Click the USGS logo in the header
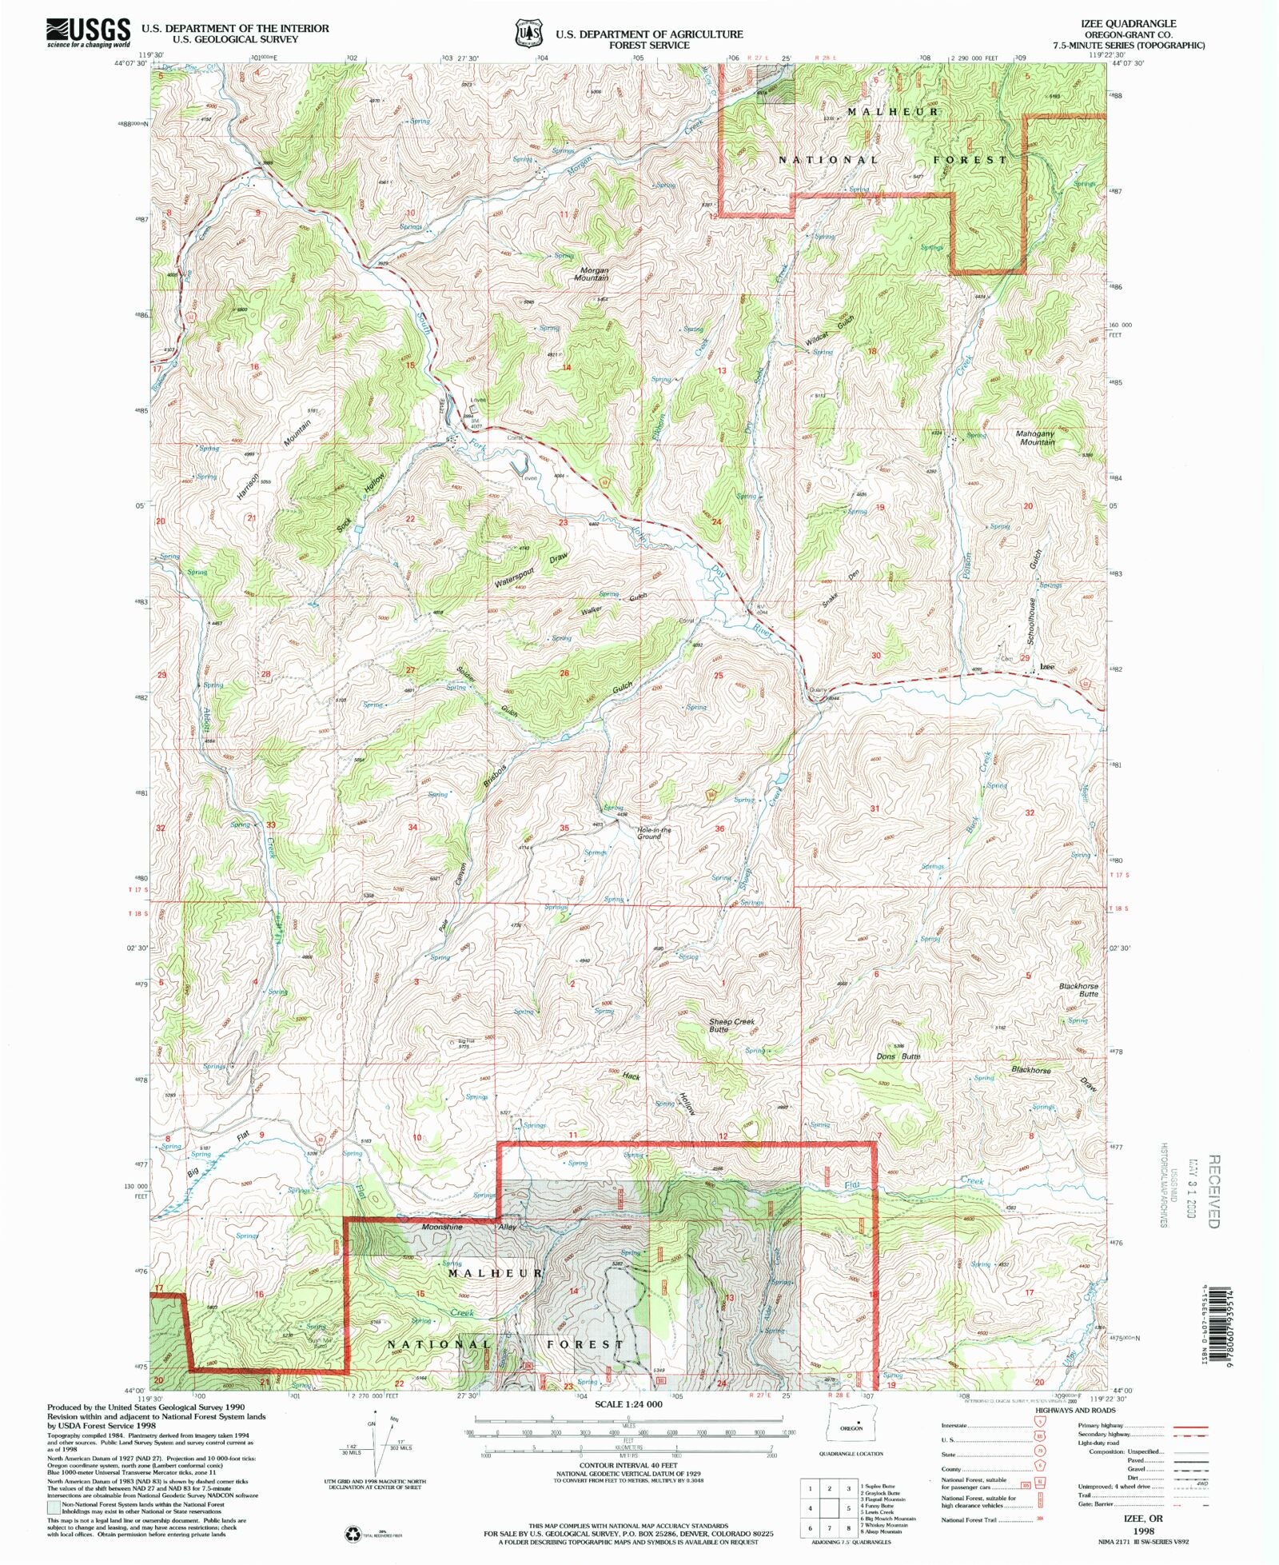pyautogui.click(x=88, y=32)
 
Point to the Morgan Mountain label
pyautogui.click(x=592, y=273)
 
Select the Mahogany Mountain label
pyautogui.click(x=1037, y=437)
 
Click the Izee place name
pyautogui.click(x=1046, y=666)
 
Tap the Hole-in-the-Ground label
pyautogui.click(x=654, y=832)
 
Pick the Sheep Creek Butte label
pyautogui.click(x=731, y=1025)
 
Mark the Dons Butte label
pyautogui.click(x=898, y=1056)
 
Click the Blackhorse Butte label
pyautogui.click(x=1079, y=989)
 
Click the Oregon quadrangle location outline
pyautogui.click(x=851, y=1427)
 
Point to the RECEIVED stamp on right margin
pyautogui.click(x=1213, y=1191)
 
